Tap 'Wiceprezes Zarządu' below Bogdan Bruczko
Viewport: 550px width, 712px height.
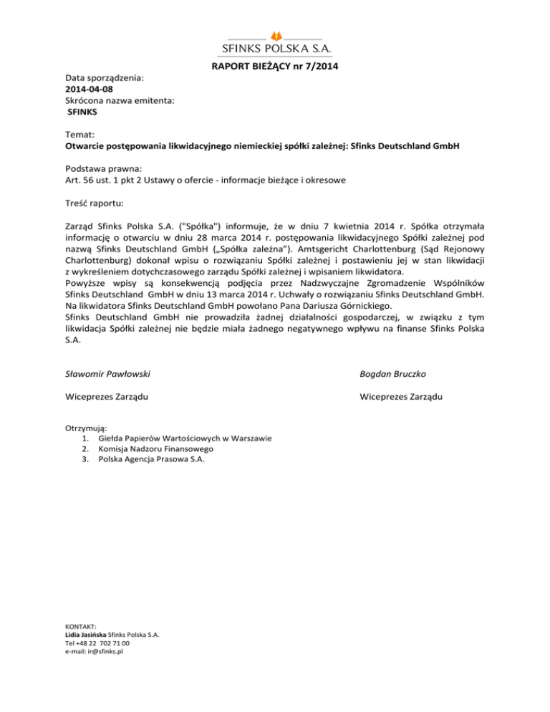pyautogui.click(x=401, y=397)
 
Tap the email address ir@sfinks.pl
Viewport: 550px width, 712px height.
pyautogui.click(x=103, y=652)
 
